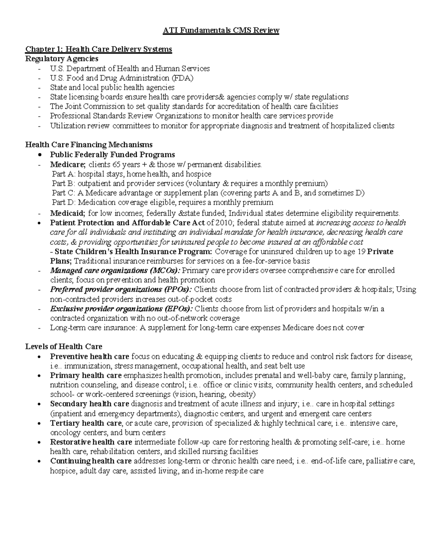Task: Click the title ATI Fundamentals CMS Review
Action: point(221,31)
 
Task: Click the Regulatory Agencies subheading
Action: point(62,58)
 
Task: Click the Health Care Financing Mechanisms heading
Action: point(89,144)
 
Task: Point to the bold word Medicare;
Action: point(68,164)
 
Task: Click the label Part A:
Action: point(64,174)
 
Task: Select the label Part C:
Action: point(64,193)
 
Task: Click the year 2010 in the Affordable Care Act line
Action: point(225,223)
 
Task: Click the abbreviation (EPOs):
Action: point(178,309)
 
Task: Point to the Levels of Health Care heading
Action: point(64,346)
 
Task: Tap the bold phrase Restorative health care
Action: point(91,442)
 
